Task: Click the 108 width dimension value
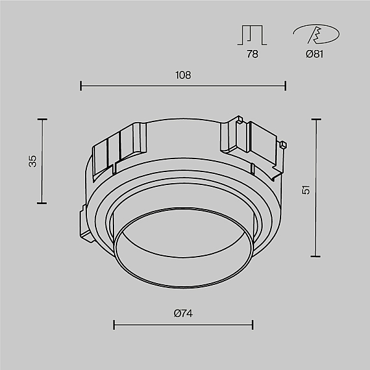click(183, 75)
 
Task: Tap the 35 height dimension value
click(33, 161)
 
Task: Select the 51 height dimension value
click(306, 190)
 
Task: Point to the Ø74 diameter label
click(183, 313)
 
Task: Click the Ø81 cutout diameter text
click(314, 54)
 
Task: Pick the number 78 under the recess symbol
click(252, 54)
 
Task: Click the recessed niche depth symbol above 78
click(252, 35)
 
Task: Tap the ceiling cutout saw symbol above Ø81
click(316, 34)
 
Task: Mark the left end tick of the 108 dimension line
click(81, 86)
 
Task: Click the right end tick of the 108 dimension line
click(286, 86)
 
